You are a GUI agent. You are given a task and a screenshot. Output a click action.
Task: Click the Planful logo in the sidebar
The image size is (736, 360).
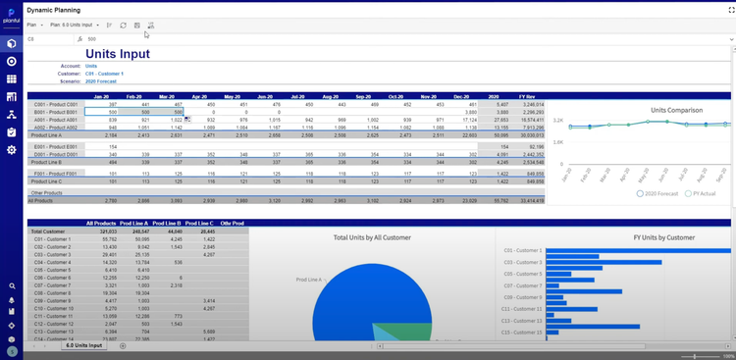(x=11, y=14)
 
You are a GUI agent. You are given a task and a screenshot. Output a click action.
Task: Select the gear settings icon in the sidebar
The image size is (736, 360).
(x=11, y=150)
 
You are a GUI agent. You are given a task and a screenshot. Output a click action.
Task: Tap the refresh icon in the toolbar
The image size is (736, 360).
(x=123, y=24)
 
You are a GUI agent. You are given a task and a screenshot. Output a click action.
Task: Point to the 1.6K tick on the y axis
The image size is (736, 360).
(x=557, y=141)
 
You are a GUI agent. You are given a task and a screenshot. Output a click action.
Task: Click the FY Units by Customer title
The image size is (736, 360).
(x=615, y=237)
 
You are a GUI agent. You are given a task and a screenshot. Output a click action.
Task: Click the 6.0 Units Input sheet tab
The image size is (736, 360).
(x=83, y=346)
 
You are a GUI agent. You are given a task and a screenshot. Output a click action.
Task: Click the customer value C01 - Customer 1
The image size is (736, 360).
(x=104, y=74)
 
